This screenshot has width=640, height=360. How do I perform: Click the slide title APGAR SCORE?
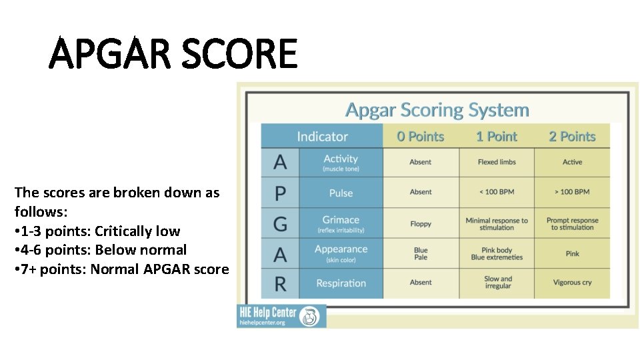[173, 54]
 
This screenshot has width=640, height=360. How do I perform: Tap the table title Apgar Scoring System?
[437, 110]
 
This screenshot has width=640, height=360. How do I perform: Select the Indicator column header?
[322, 137]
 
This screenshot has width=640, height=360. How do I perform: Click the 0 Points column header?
[420, 137]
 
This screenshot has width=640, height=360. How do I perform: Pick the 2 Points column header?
[572, 137]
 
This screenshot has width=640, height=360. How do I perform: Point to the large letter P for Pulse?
[281, 193]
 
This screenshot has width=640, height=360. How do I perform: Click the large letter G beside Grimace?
[281, 223]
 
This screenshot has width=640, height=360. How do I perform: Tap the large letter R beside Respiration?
[281, 284]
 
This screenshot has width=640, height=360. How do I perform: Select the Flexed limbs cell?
[497, 162]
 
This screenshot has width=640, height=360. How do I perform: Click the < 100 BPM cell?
[497, 192]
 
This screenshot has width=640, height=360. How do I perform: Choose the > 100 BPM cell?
[572, 192]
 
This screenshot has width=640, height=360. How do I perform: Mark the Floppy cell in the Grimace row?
[421, 224]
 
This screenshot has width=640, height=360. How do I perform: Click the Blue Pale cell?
[421, 254]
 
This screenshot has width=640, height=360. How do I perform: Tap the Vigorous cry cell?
[572, 283]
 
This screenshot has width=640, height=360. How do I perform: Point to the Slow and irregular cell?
[497, 283]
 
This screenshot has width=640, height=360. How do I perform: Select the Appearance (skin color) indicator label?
[341, 253]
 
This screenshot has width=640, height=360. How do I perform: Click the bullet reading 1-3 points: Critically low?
[97, 231]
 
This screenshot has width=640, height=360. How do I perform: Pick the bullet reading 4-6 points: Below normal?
[101, 250]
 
